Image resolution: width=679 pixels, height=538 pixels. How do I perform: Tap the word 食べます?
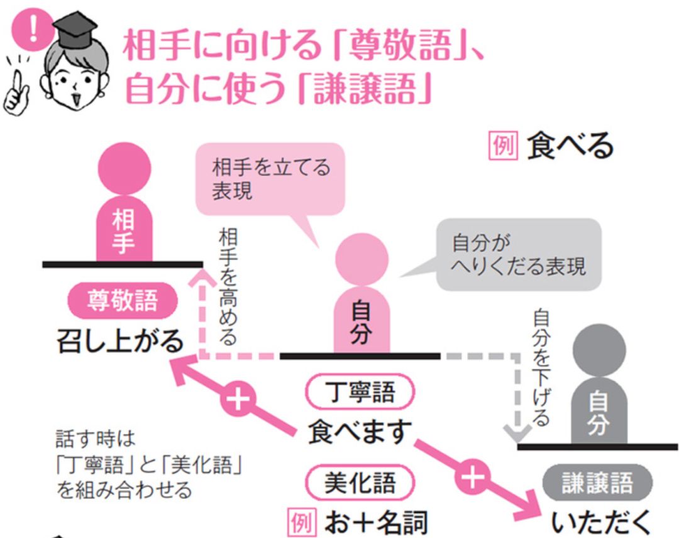click(360, 432)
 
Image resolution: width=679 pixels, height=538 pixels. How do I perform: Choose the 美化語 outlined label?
click(360, 483)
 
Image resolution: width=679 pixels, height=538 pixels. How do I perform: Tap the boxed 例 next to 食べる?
click(504, 146)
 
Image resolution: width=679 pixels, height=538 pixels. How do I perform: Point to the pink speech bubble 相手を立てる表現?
click(271, 179)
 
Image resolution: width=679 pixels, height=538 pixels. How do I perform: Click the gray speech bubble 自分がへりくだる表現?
click(518, 255)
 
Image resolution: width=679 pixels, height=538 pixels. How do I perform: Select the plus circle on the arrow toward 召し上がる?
click(236, 400)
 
